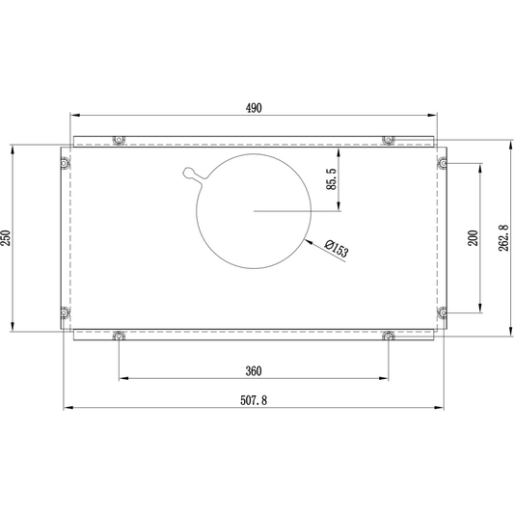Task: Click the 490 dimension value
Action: pos(254,108)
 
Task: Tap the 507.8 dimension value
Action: pos(254,400)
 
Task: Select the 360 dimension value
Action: pos(254,371)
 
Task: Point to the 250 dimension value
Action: pos(6,238)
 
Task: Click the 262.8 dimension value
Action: pos(503,238)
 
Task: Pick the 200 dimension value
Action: pos(473,238)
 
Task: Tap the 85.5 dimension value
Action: pos(332,179)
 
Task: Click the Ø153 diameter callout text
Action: pos(337,249)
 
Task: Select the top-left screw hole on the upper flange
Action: pos(119,140)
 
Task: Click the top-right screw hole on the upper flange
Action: pos(388,140)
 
